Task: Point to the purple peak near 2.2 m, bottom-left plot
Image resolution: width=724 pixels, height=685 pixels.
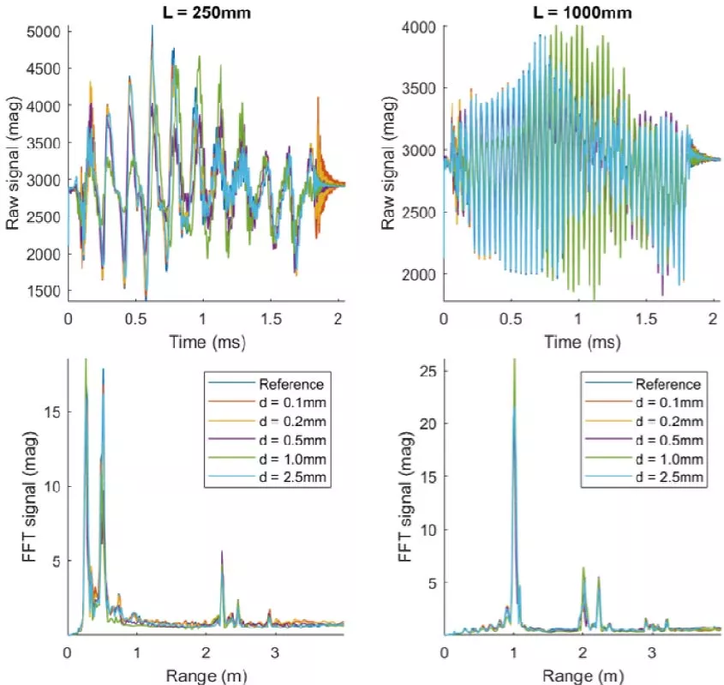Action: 222,553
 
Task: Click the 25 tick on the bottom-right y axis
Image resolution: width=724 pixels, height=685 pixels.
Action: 425,370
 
